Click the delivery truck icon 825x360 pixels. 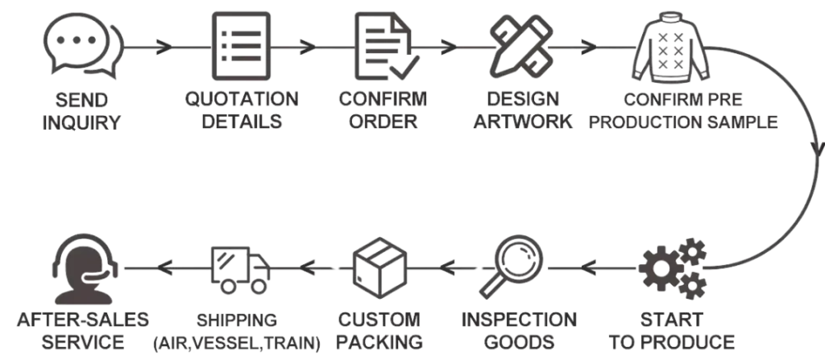click(240, 268)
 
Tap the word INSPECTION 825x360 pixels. click(520, 320)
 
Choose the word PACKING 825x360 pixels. click(380, 341)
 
